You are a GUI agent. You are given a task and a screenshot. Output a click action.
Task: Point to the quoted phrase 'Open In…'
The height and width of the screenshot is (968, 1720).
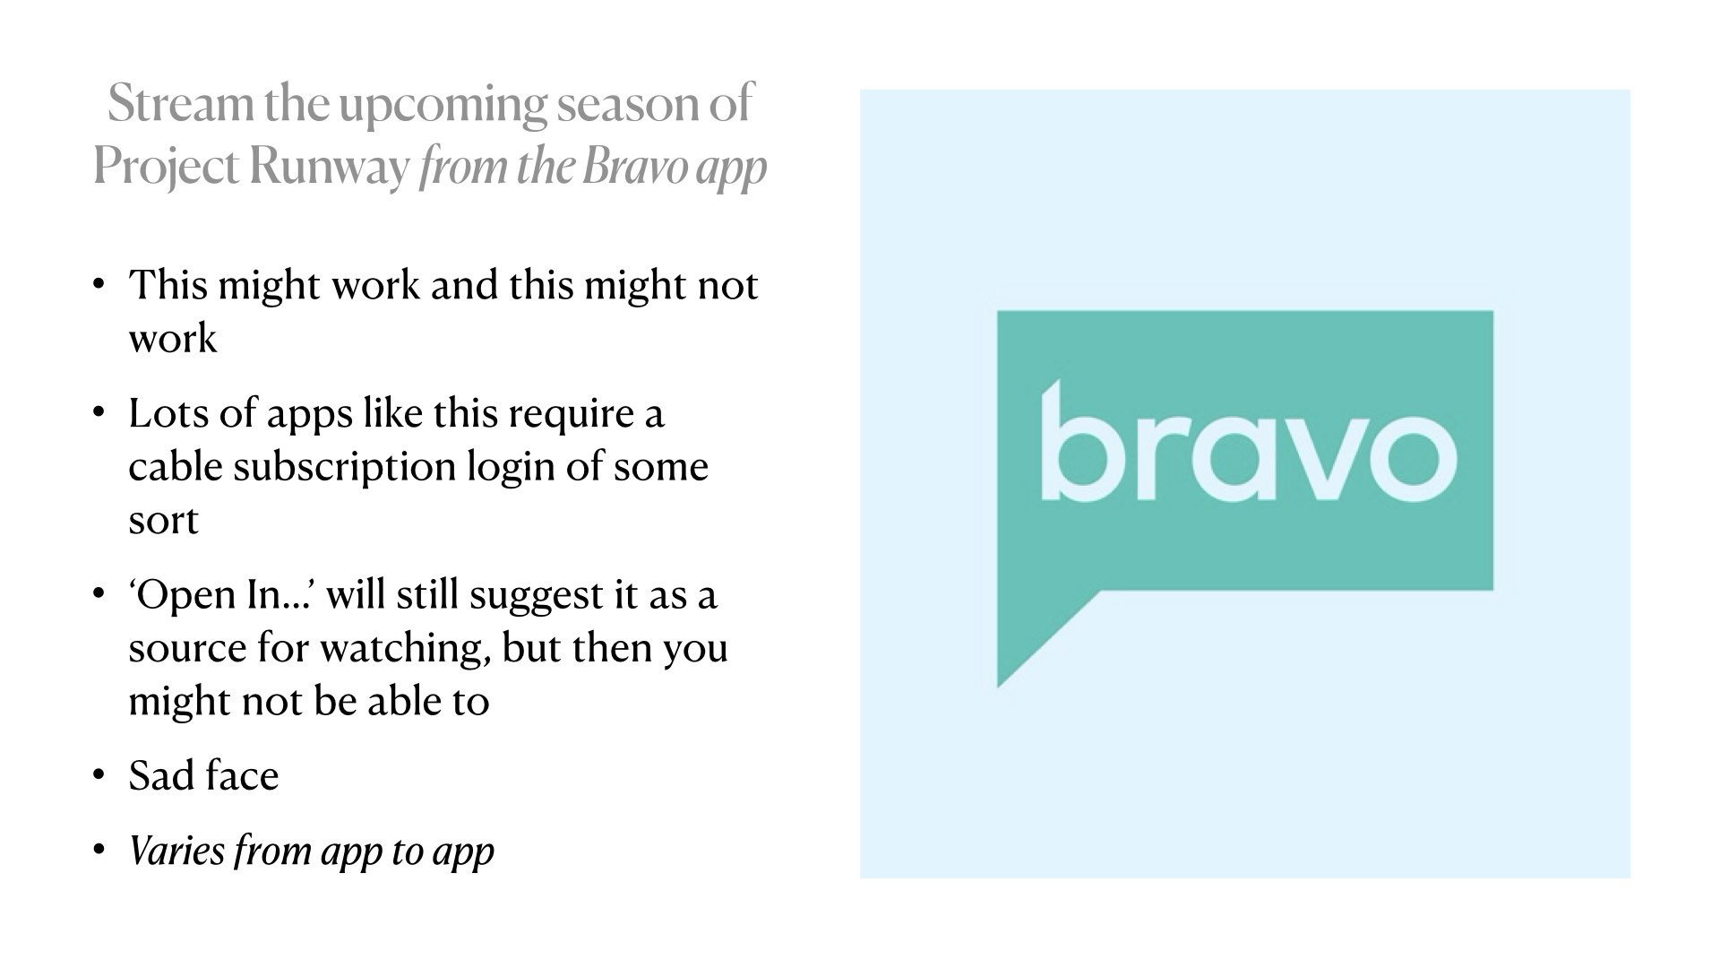[221, 595]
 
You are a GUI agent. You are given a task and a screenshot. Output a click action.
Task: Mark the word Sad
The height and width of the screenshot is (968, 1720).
[160, 776]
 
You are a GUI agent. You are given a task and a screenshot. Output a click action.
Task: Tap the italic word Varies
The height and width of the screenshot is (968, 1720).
[176, 851]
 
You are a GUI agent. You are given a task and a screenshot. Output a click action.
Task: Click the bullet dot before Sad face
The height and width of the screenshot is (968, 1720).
[99, 776]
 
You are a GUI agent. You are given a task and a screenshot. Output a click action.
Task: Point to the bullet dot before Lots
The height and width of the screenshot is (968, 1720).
[99, 414]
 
